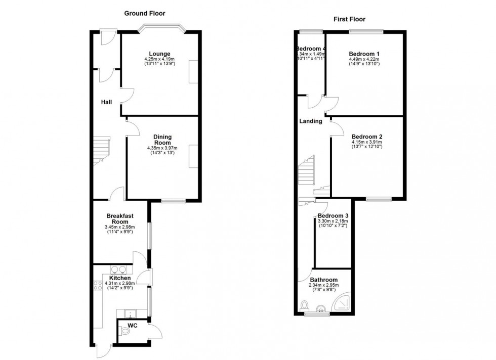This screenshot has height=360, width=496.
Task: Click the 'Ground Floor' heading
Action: [145, 13]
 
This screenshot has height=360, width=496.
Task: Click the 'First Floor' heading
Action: [349, 19]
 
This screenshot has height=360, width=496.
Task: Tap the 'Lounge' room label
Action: [159, 54]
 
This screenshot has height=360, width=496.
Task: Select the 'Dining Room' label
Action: [162, 140]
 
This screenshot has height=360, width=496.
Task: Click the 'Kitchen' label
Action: [119, 278]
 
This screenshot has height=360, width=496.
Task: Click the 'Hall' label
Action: [106, 102]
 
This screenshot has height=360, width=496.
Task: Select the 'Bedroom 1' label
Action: [364, 54]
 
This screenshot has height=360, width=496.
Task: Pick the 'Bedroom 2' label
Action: [367, 137]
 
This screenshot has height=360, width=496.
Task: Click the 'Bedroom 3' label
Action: [333, 215]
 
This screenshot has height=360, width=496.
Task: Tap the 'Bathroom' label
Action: [324, 280]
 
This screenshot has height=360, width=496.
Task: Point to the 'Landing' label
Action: [310, 121]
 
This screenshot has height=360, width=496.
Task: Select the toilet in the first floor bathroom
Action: [304, 306]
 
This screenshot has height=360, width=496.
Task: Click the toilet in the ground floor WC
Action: [125, 332]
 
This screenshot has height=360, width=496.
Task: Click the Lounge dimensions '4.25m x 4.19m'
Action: [159, 59]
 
